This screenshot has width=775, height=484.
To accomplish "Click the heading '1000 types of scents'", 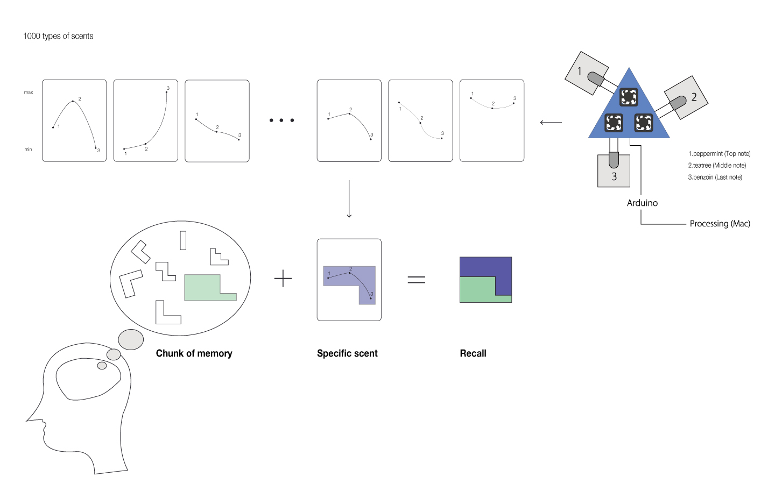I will point(58,36).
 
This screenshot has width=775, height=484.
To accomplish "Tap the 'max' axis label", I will point(29,92).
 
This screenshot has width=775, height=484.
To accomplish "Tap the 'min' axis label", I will point(28,150).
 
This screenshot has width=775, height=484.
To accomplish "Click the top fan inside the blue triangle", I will point(629,97).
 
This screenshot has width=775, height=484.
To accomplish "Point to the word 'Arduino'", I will point(642,203).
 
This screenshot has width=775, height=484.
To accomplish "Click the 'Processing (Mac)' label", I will point(720,224).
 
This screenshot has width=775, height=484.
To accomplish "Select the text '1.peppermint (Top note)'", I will point(719,154).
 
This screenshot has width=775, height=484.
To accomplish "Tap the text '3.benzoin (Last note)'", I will point(715,177).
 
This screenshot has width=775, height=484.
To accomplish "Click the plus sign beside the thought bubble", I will point(283,279).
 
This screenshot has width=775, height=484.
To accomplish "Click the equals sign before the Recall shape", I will point(416,279).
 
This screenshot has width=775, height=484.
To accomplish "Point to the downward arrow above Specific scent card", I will point(349,199).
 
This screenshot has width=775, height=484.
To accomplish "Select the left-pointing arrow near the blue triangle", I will point(551,123).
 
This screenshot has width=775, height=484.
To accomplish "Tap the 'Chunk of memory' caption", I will point(194,353).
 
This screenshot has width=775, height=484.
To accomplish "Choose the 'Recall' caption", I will point(473,353).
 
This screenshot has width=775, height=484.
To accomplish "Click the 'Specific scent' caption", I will point(347,353).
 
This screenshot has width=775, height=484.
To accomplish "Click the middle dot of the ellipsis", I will point(281,120).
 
